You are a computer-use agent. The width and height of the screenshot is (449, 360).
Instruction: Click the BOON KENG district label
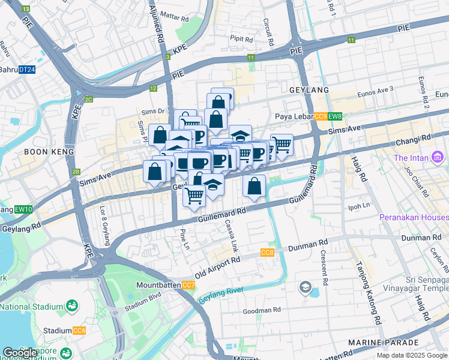coord(48,152)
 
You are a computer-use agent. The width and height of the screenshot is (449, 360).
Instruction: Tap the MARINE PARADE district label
coord(382,342)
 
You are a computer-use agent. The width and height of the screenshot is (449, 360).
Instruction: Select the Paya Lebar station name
coord(294,116)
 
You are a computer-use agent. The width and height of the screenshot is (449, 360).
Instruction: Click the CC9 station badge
coord(321,116)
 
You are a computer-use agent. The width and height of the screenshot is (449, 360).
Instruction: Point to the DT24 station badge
coord(26,70)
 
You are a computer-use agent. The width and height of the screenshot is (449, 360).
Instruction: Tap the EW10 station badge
coord(24,209)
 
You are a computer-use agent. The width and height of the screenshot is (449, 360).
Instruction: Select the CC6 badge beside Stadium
coord(79,331)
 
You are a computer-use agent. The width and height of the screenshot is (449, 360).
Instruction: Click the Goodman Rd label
coord(262,311)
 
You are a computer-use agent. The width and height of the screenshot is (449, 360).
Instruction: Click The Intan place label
coord(411,158)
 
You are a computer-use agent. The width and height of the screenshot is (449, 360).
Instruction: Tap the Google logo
coord(20,353)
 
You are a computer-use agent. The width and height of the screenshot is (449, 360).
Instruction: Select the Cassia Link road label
coord(232,235)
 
